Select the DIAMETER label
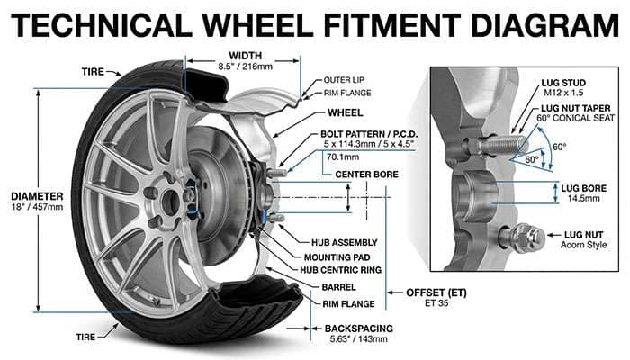pos(36,195)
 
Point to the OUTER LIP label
pos(343,80)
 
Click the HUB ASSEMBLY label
pos(332,240)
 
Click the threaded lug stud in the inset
pos(497,143)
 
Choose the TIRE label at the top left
pos(93,69)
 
